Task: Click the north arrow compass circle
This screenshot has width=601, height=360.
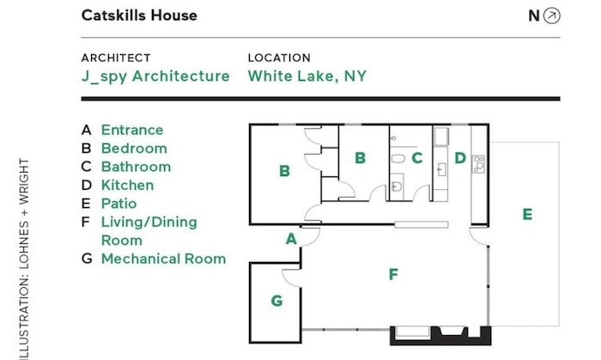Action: [x=551, y=15]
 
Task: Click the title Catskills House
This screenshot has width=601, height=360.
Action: [x=139, y=15]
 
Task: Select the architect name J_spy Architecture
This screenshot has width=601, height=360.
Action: [x=155, y=76]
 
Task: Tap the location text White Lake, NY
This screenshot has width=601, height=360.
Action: [x=307, y=76]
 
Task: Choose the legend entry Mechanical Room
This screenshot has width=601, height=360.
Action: [x=164, y=259]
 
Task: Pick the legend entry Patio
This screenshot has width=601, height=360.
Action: [x=118, y=204]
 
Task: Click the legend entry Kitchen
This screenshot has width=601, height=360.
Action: [x=128, y=186]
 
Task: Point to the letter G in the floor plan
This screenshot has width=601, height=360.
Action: [x=276, y=301]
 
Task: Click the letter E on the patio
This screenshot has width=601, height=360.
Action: [x=527, y=214]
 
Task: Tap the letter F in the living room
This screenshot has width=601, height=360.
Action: [x=393, y=274]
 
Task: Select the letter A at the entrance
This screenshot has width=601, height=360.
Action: [x=291, y=239]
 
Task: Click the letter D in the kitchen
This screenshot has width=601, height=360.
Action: [x=460, y=157]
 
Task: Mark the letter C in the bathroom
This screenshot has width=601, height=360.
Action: [x=417, y=157]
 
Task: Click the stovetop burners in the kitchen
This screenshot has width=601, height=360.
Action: [x=478, y=164]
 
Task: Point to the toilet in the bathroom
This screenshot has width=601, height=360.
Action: [x=398, y=158]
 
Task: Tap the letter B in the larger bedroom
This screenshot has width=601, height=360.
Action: [x=284, y=171]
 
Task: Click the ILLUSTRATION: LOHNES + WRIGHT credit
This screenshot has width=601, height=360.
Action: [x=24, y=259]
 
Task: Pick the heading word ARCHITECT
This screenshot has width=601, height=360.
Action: [x=116, y=58]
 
